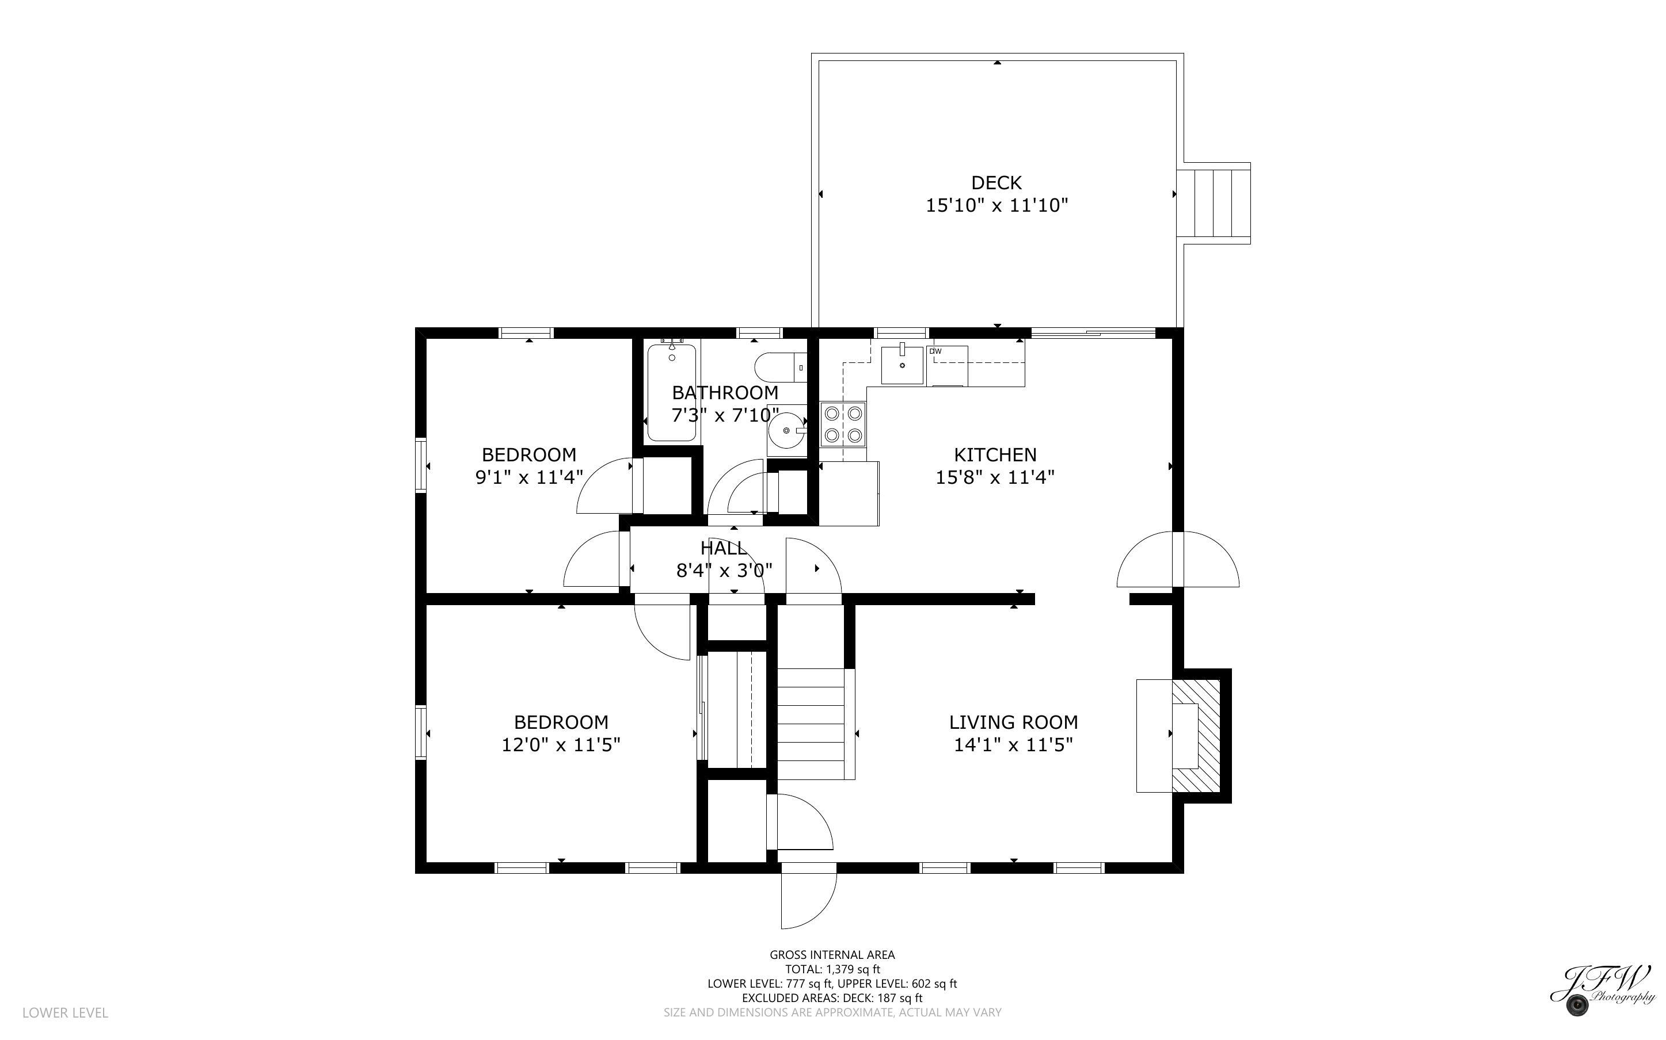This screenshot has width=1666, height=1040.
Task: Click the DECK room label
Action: click(996, 183)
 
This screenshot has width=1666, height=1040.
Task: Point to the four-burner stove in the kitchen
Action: click(843, 425)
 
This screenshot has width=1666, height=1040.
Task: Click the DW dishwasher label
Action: click(935, 351)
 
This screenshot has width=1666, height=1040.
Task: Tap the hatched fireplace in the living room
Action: click(1196, 735)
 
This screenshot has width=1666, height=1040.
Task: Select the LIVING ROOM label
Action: click(1013, 722)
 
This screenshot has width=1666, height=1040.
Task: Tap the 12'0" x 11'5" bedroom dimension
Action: click(561, 745)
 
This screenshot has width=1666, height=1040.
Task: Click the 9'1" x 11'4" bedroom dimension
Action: click(528, 477)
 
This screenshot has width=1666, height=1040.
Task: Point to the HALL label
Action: click(722, 548)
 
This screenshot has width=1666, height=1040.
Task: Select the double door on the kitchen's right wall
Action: click(1177, 560)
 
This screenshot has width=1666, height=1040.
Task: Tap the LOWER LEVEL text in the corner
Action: click(66, 1012)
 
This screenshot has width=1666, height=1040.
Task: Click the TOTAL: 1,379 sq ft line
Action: click(832, 969)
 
